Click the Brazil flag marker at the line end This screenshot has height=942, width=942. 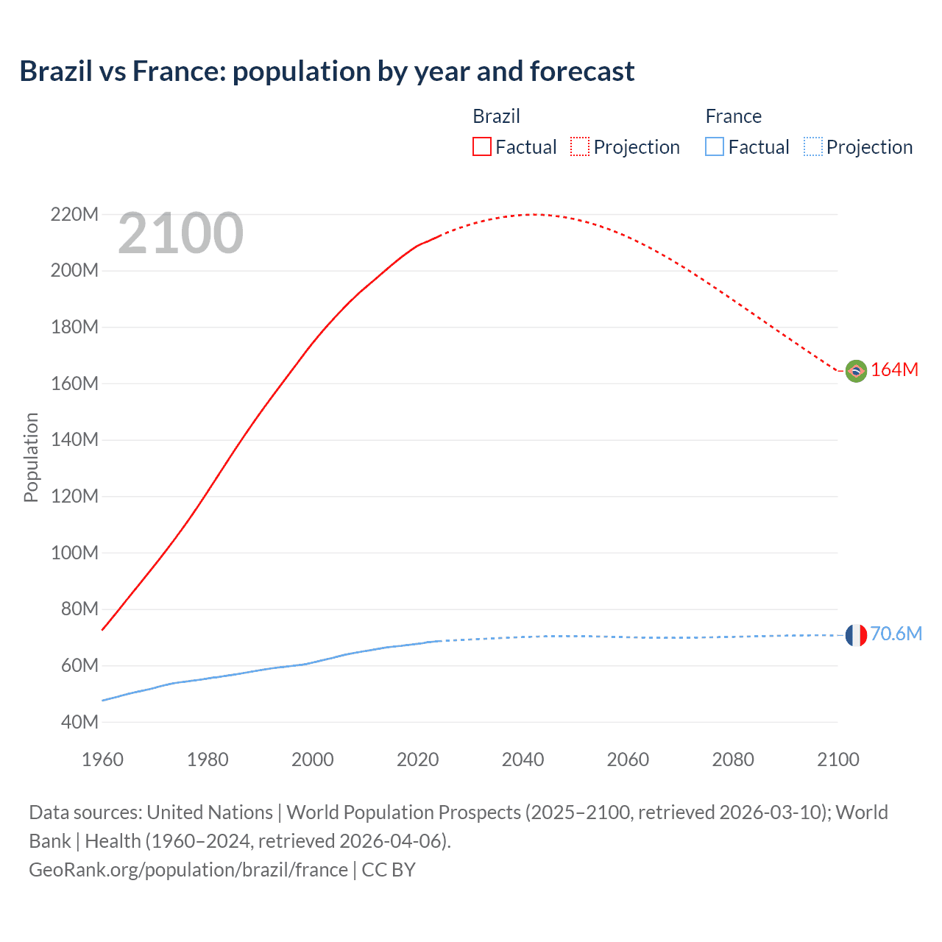pos(856,371)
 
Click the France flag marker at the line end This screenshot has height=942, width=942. pos(856,635)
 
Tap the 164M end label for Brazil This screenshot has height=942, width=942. pos(894,369)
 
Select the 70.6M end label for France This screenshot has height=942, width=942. pos(896,634)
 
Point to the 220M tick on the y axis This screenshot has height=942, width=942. pos(74,214)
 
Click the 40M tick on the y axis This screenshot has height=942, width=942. pos(79,722)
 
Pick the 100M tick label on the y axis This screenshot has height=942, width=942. pos(74,553)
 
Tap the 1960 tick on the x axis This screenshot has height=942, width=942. pos(102,759)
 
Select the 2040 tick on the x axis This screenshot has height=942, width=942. pos(523,759)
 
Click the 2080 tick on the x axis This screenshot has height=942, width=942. pos(733,759)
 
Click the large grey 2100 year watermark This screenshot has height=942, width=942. pos(180,233)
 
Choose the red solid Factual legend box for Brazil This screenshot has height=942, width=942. pos(482,146)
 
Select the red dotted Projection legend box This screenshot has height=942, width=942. pos(580,146)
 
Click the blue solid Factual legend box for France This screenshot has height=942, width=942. pos(715,146)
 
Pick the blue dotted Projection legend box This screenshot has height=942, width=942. pos(813,146)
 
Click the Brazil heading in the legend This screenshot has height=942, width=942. pos(496,116)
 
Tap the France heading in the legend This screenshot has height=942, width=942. pos(733,116)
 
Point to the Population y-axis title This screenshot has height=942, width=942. pos(31,457)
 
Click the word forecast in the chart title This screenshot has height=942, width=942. pos(581,71)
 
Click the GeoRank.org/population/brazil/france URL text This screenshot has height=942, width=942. pos(188,870)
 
